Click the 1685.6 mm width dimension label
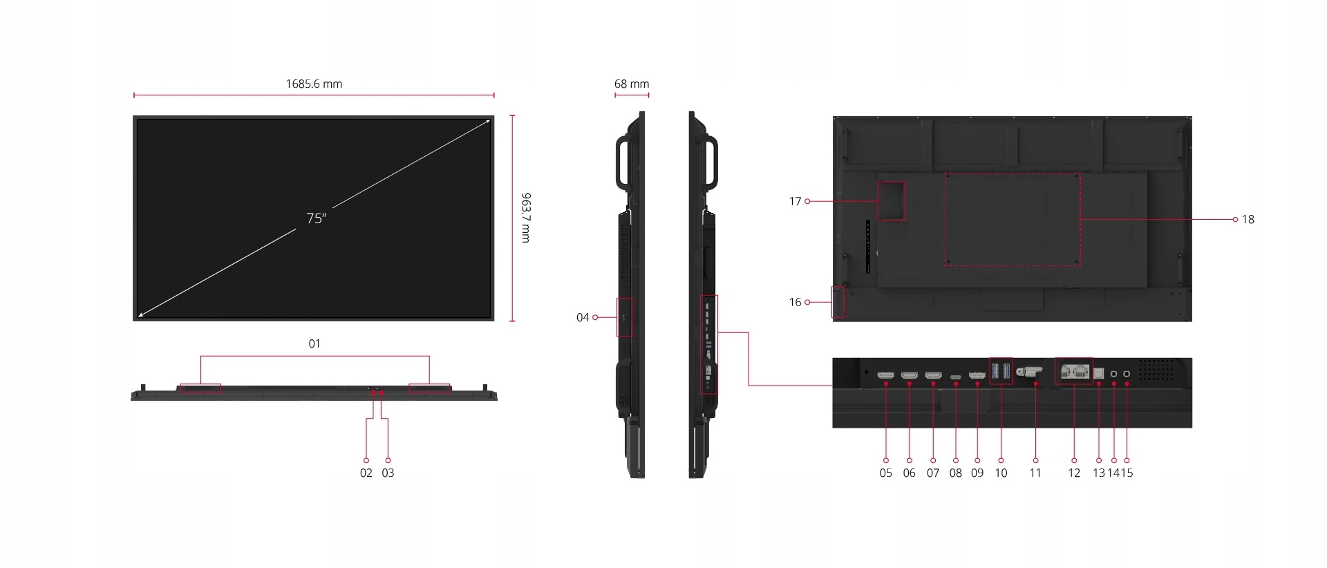[x=314, y=84]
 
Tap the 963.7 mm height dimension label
[x=525, y=218]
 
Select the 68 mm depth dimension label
[x=631, y=84]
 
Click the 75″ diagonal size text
[x=316, y=218]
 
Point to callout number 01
[x=314, y=343]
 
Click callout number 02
[x=366, y=473]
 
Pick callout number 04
[x=583, y=317]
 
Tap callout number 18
[x=1248, y=220]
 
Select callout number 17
[x=795, y=202]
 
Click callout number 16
[x=795, y=302]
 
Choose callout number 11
[x=1035, y=473]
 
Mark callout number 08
[x=955, y=473]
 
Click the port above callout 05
[x=885, y=375]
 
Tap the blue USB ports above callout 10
[x=1001, y=371]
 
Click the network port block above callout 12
[x=1074, y=371]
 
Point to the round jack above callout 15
[x=1127, y=374]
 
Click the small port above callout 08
[x=955, y=377]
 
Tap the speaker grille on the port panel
[x=1156, y=369]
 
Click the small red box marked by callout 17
[x=891, y=201]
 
